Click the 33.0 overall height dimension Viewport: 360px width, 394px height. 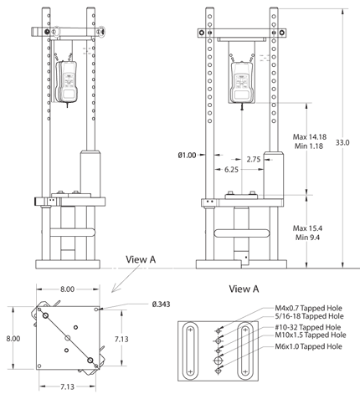pyautogui.click(x=343, y=143)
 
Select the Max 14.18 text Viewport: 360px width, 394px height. pyautogui.click(x=310, y=136)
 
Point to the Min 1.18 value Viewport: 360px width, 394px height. pyautogui.click(x=308, y=146)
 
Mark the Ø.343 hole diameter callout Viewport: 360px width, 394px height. pyautogui.click(x=139, y=304)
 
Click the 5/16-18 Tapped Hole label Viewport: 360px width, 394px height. pyautogui.click(x=306, y=317)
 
